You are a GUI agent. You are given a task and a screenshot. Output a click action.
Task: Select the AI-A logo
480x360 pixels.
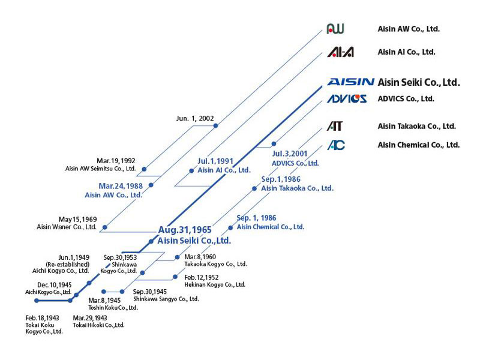tap(340, 52)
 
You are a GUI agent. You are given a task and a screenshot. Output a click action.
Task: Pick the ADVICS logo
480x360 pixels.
tap(347, 98)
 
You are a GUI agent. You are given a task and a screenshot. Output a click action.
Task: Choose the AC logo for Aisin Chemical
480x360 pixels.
tap(336, 145)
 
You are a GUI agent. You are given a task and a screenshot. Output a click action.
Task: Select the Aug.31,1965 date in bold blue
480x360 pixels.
tap(184, 230)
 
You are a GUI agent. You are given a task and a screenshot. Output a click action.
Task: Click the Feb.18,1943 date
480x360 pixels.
tap(43, 317)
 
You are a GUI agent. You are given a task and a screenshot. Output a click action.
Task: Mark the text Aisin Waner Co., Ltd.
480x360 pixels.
tap(67, 227)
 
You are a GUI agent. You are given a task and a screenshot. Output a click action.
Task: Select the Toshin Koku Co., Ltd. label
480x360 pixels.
tap(113, 307)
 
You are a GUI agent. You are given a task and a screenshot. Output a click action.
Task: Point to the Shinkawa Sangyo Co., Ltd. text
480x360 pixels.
tap(166, 299)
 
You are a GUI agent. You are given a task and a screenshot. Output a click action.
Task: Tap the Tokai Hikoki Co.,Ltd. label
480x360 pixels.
tap(98, 325)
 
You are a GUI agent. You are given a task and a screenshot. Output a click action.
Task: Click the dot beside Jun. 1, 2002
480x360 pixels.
tap(216, 126)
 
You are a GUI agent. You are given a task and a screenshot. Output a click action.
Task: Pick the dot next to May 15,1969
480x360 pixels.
tap(105, 227)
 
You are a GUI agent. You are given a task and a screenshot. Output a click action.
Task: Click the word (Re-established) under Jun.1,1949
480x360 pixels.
tap(67, 264)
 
